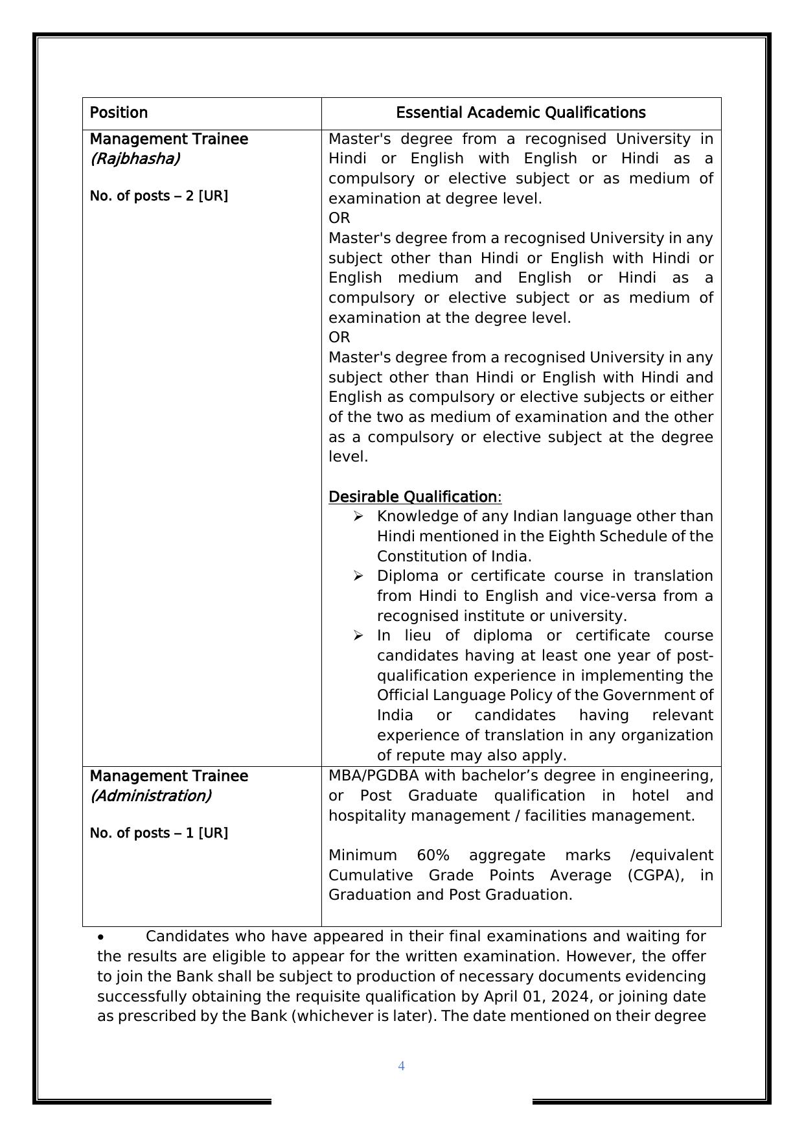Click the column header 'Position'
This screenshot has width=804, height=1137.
tap(119, 113)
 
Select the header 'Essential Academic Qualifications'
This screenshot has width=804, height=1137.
tap(521, 113)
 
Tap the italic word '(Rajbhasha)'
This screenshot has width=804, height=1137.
tap(135, 159)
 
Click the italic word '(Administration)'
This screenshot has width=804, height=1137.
tap(150, 796)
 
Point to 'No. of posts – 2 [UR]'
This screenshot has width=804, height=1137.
tap(159, 196)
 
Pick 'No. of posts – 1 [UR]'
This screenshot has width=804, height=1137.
tap(159, 833)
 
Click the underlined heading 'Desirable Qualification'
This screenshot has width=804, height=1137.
tap(413, 497)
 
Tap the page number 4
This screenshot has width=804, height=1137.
tap(401, 1066)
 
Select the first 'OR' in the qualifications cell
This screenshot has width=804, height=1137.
tap(339, 218)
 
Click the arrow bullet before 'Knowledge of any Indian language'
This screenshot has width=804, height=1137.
tap(358, 516)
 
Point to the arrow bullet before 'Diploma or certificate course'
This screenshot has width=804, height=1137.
tap(358, 576)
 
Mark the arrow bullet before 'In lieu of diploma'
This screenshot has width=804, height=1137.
tap(358, 635)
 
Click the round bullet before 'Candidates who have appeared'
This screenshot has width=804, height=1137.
tap(101, 937)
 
